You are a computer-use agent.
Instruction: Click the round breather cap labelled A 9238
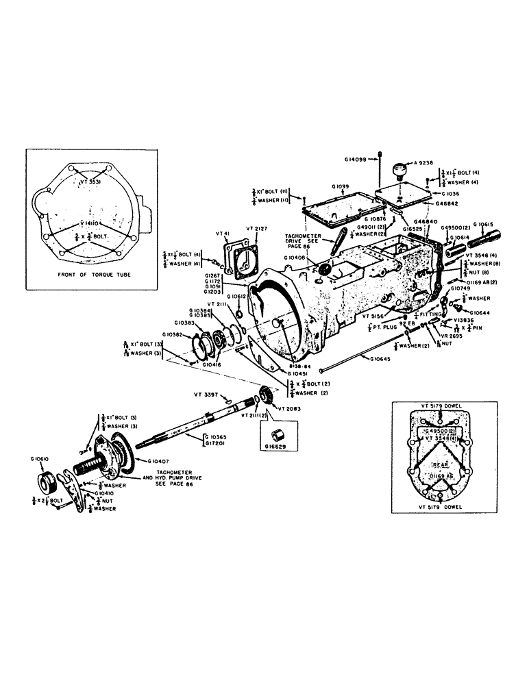click(x=399, y=169)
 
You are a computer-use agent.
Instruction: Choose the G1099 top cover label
click(x=341, y=186)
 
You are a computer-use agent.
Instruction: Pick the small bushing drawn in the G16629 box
click(x=278, y=435)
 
